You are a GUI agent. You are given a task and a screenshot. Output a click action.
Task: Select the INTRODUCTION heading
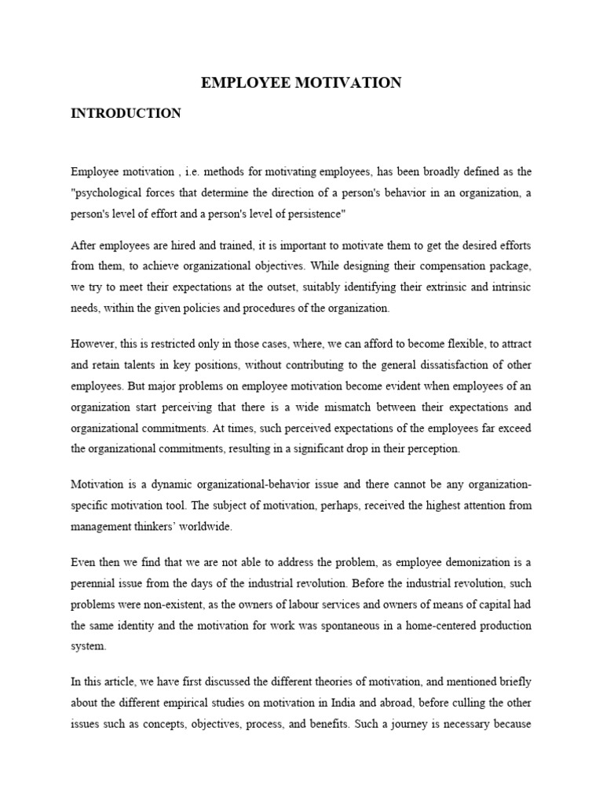click(x=126, y=113)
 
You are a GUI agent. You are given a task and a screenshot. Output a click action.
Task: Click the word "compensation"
click(x=452, y=265)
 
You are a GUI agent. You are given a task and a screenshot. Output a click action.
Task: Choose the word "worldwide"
click(x=206, y=527)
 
